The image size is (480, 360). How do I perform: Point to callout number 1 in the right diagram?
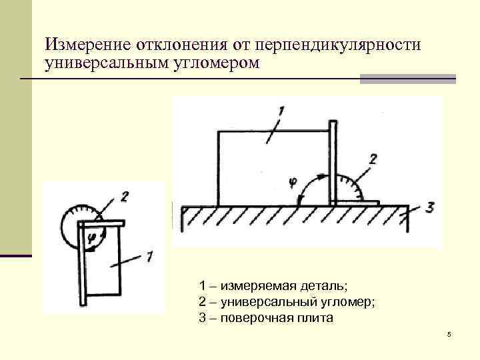coord(281,111)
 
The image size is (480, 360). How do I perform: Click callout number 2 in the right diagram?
coord(372,159)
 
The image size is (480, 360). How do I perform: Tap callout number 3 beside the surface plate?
coord(429,207)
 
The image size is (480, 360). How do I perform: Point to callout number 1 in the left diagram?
coord(149,255)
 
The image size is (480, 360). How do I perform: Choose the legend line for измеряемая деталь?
coord(273,286)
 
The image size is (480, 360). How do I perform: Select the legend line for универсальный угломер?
coord(287,302)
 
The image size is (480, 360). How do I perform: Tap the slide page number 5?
coord(449,333)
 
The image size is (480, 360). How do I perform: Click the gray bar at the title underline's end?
coord(407,79)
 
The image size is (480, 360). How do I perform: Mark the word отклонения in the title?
coord(180,46)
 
